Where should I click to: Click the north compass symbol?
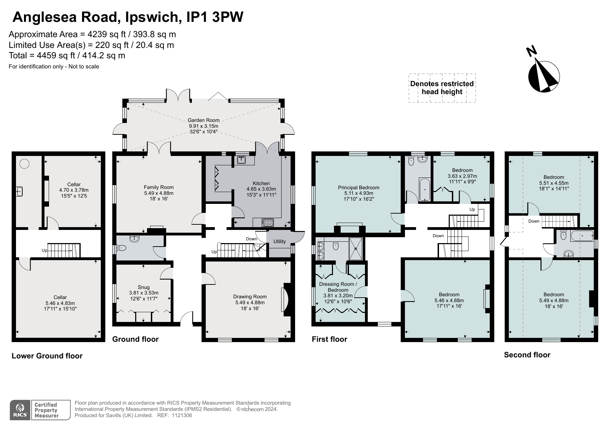(544, 76)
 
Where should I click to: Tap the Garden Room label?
(204, 121)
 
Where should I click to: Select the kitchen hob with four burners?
(268, 222)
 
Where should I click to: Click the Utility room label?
(279, 241)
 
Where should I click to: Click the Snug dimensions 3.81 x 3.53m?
(144, 293)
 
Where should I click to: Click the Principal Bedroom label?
(358, 188)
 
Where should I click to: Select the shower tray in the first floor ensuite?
(356, 248)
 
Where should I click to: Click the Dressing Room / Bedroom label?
(338, 287)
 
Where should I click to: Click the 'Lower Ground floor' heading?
(47, 356)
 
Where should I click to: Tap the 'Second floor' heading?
(527, 355)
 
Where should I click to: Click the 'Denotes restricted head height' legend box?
(442, 88)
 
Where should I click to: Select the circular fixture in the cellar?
(24, 164)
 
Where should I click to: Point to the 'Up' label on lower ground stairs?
(44, 250)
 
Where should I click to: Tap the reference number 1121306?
(180, 415)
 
